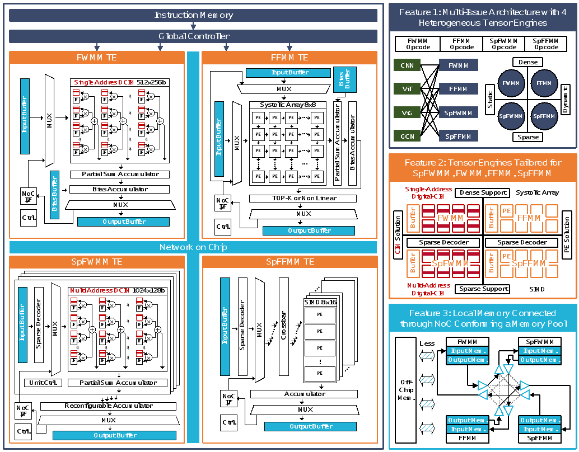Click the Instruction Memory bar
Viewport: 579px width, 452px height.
tap(193, 15)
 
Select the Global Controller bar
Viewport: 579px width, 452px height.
tap(193, 36)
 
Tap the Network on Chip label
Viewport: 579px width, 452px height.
tap(193, 247)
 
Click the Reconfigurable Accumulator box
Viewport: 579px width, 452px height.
tap(109, 406)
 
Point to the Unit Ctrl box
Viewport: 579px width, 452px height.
tap(43, 383)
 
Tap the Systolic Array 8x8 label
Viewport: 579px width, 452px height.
tap(287, 105)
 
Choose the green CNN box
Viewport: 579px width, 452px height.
tap(407, 66)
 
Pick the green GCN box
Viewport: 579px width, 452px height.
tap(407, 136)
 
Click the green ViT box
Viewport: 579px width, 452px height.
tap(407, 88)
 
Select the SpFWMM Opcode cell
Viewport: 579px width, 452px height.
tap(503, 44)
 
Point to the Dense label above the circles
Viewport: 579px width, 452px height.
tap(527, 62)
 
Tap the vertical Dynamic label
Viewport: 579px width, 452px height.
tap(566, 100)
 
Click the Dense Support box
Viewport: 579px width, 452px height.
tap(483, 192)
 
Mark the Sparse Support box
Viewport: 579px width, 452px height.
tap(483, 289)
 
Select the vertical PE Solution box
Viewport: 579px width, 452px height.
tap(566, 234)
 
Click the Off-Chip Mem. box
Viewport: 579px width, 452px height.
tap(406, 389)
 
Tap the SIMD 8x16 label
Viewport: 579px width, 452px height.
tap(320, 302)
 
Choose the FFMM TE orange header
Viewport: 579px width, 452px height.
tap(289, 58)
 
